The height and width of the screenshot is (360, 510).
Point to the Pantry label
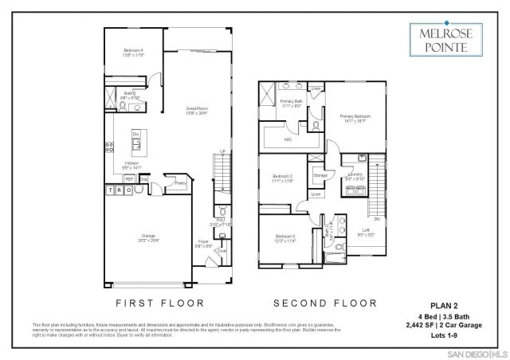[x=180, y=182]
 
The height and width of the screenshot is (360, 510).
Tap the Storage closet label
[x=320, y=174]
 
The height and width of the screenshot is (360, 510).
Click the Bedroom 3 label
[x=285, y=237]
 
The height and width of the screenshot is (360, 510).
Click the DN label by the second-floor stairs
[x=388, y=218]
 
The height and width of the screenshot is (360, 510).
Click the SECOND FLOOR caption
[x=324, y=303]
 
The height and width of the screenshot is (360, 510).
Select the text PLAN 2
[x=452, y=304]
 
